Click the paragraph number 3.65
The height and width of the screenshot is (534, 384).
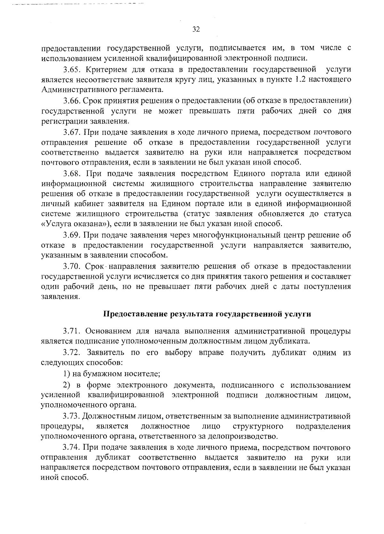tap(71, 69)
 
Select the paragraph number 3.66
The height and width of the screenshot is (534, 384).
tap(71, 101)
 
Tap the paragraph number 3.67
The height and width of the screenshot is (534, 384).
tap(71, 132)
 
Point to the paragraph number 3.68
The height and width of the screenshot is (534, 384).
tap(71, 174)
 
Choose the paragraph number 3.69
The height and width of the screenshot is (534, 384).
tap(71, 235)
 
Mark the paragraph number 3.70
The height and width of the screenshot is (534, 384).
tap(71, 267)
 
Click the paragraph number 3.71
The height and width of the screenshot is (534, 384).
tap(71, 331)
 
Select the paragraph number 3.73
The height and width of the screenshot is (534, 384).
tap(71, 416)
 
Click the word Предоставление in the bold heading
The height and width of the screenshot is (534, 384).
tap(134, 314)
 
